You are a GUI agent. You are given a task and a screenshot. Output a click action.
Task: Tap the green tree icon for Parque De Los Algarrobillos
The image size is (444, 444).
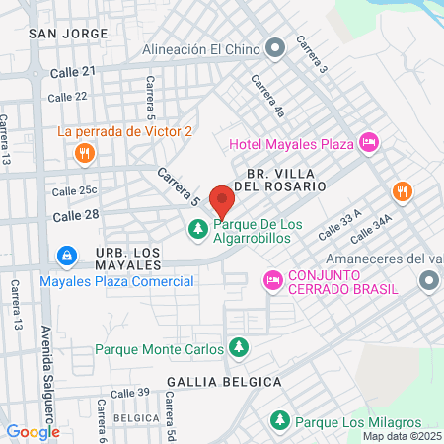tap(198, 230)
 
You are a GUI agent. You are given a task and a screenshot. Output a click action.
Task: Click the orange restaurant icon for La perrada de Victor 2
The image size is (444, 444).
tap(84, 153)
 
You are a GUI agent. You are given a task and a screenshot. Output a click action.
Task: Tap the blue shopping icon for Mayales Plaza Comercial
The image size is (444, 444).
tap(66, 258)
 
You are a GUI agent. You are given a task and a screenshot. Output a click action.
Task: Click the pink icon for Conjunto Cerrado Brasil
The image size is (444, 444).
tap(272, 281)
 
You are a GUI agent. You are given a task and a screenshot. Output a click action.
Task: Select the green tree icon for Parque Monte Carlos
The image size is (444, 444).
tap(238, 347)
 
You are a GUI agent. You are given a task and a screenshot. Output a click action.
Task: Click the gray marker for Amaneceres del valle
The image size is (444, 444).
tap(428, 282)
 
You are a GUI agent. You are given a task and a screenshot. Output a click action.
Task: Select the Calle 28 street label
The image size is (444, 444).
tap(76, 215)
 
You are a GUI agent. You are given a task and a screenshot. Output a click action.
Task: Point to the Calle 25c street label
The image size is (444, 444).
tap(74, 190)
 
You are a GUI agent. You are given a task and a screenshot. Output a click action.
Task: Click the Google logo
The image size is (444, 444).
tap(33, 431)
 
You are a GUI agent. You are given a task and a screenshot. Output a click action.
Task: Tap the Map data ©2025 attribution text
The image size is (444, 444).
tap(402, 436)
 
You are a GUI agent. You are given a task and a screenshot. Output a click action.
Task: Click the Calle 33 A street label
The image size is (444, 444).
tap(340, 227)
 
